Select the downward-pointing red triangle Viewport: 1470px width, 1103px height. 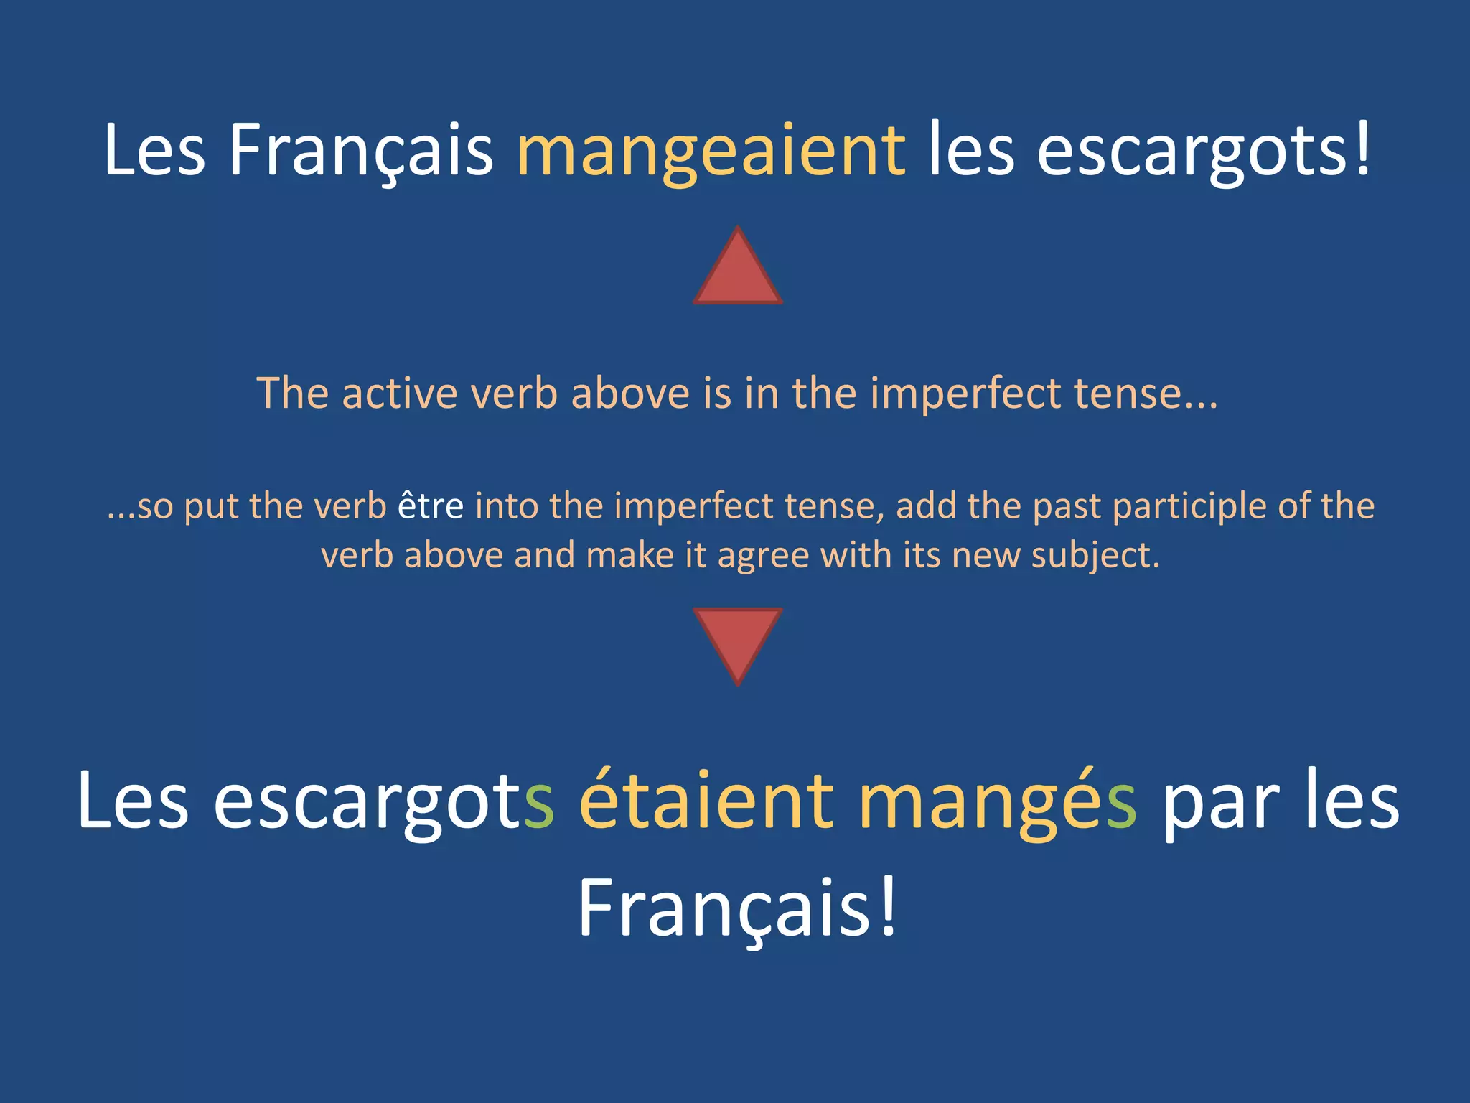(737, 640)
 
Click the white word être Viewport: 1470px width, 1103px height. (431, 506)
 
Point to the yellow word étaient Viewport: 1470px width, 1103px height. (706, 801)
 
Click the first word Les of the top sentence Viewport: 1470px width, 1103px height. (154, 151)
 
